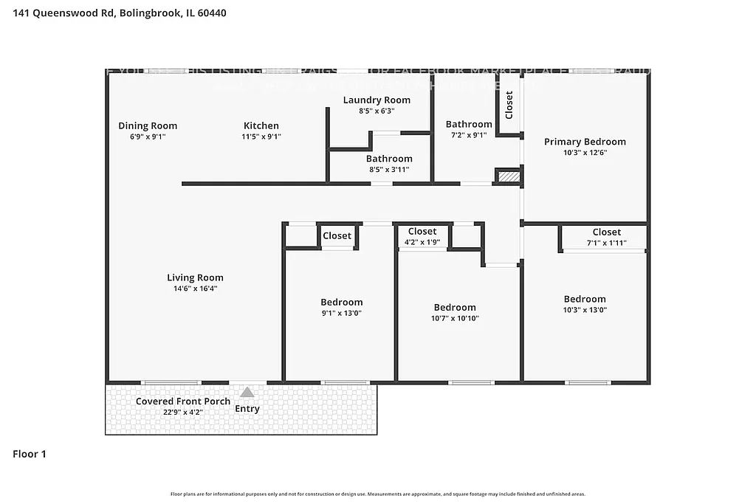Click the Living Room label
(195, 277)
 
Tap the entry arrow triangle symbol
(247, 393)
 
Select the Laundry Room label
(377, 100)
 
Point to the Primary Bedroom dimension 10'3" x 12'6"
(585, 153)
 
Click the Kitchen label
(261, 125)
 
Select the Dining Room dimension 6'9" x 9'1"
(148, 137)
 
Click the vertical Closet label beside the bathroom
(509, 105)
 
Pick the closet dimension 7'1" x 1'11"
(606, 243)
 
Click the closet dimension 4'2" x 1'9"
(422, 242)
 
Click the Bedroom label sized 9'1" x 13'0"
(341, 302)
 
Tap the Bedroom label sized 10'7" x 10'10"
(455, 307)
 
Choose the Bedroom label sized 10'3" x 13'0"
(585, 299)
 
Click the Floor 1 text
(30, 455)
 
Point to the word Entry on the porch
(247, 409)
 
